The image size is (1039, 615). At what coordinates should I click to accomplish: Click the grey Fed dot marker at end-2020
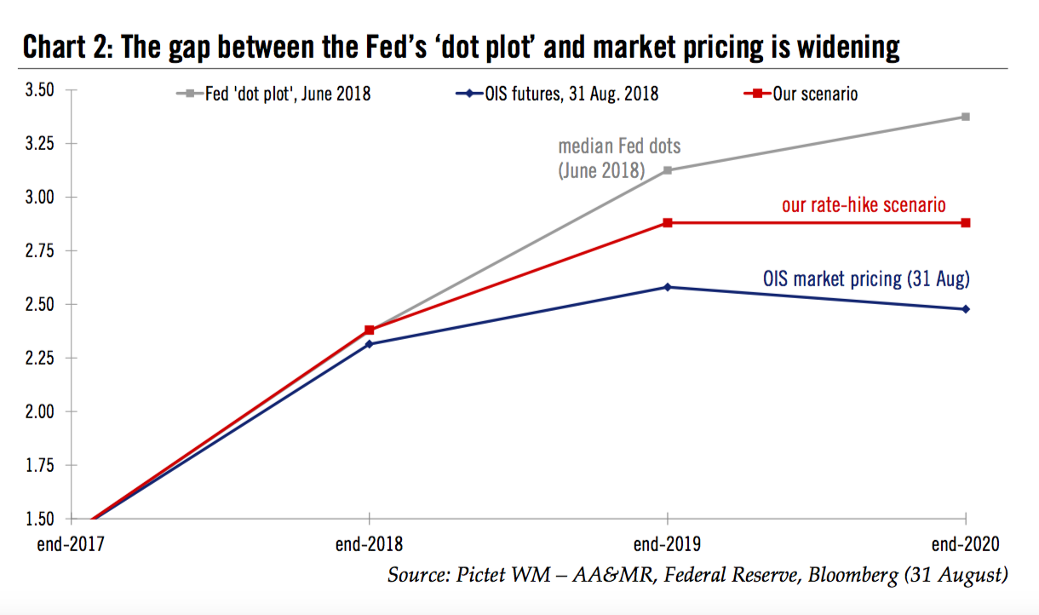965,117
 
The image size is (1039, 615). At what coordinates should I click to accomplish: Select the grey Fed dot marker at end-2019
667,170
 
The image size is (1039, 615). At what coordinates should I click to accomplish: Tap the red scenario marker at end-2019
667,223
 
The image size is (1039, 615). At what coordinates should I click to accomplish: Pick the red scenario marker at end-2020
965,223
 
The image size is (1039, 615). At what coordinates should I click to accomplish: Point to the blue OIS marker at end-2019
667,287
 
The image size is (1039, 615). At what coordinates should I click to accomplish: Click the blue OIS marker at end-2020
965,309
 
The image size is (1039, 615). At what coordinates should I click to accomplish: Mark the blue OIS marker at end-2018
369,344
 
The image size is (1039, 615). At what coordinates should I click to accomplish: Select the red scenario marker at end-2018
369,330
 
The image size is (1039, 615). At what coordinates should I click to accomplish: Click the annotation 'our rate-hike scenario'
864,205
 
